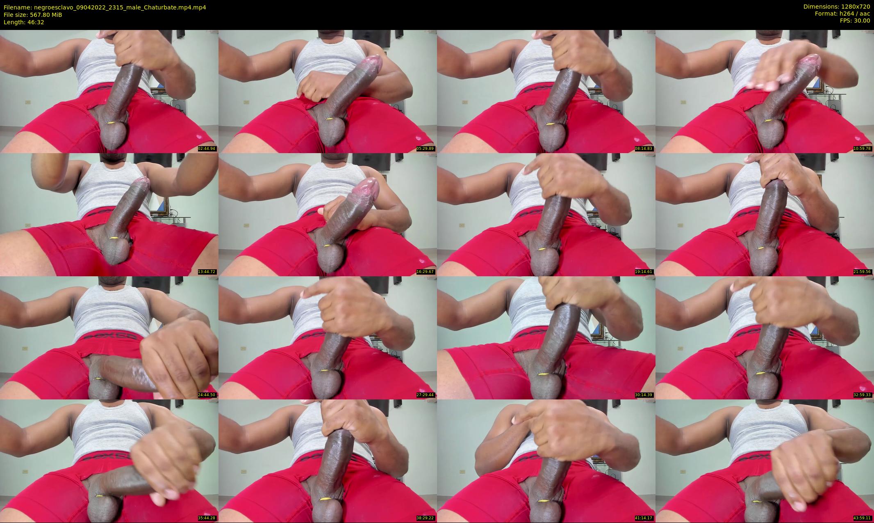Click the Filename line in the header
105,7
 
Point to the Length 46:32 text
24,22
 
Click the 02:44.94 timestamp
207,149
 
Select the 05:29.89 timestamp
425,149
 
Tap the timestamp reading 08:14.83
644,149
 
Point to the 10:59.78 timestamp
863,149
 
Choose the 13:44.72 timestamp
207,272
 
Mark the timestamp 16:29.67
425,272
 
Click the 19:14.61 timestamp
644,272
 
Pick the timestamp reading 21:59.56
863,272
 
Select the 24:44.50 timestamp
207,395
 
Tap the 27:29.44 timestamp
425,395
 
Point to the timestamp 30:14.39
644,395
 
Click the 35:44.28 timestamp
207,518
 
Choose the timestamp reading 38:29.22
425,518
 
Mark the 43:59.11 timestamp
863,518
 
